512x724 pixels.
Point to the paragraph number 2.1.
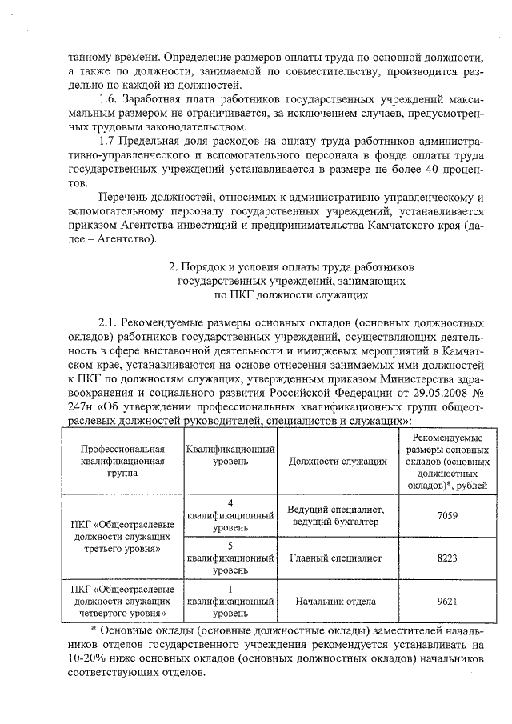[x=110, y=322]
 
